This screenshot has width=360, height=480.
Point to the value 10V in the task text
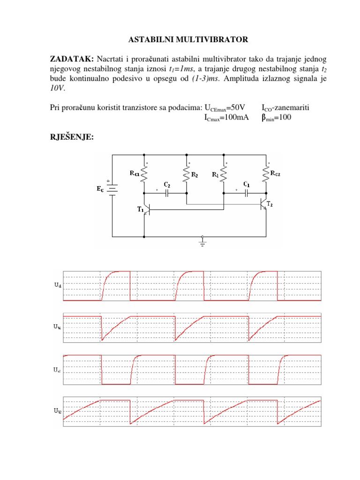pos(58,88)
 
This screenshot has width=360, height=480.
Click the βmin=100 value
pos(276,118)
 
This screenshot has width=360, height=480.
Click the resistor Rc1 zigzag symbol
pos(144,174)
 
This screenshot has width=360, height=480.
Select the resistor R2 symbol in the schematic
pos(187,174)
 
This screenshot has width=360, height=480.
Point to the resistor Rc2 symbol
pos(266,174)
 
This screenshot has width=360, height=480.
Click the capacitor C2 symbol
pos(167,192)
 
